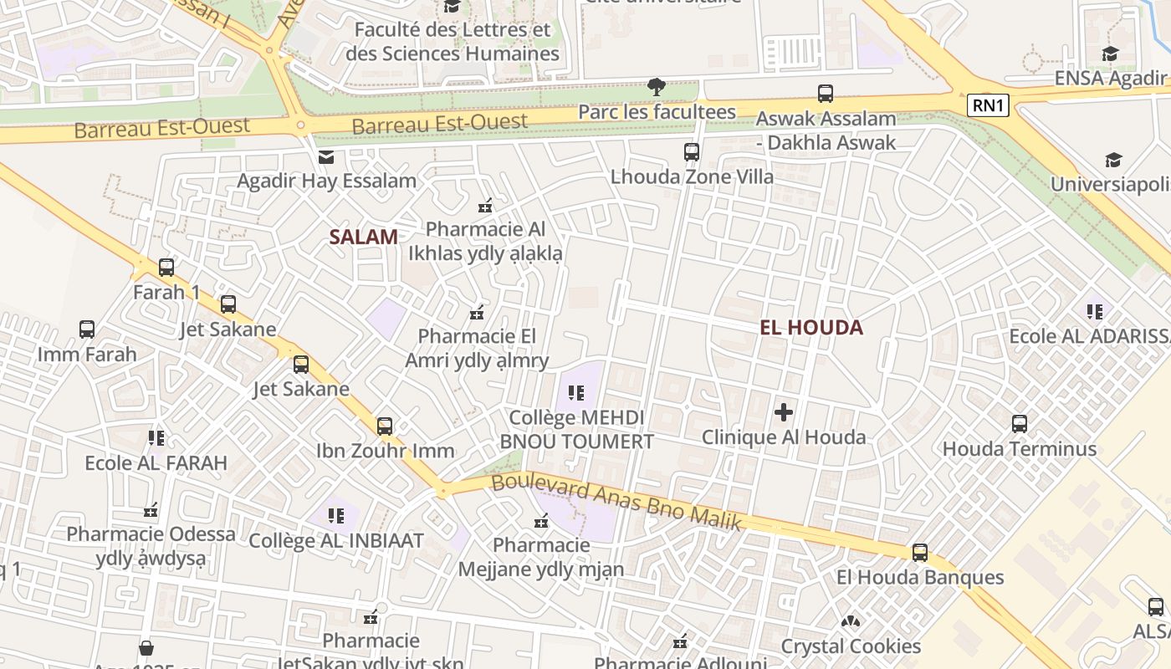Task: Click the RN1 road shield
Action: coord(989,105)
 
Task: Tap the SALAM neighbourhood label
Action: coord(363,237)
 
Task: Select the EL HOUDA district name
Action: coord(811,328)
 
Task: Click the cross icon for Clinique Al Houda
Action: coord(784,411)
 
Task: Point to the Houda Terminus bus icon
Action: coord(1020,423)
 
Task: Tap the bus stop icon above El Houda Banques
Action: coord(920,552)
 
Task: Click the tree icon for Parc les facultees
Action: coord(657,86)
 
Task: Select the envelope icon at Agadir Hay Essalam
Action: coord(326,156)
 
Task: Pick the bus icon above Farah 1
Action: coord(166,268)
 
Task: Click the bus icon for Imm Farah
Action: coord(87,329)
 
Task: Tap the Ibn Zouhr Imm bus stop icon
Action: coord(385,426)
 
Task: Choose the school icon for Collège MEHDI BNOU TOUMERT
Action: coord(575,392)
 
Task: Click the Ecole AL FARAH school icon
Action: coord(156,437)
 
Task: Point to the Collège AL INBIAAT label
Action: coord(336,541)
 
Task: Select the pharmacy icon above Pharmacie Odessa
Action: coord(151,509)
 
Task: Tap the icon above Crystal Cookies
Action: coord(851,622)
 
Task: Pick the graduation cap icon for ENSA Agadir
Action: coord(1110,54)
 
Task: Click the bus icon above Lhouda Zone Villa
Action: coord(692,151)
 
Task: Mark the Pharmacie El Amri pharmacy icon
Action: coord(477,313)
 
